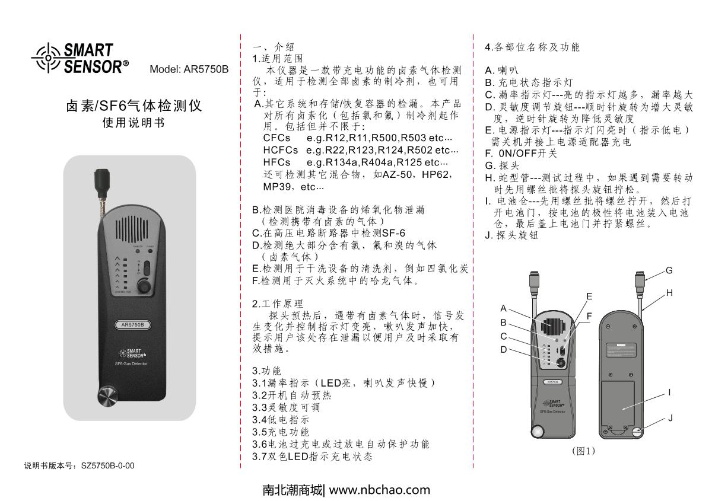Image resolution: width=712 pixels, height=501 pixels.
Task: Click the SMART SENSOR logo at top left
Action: pyautogui.click(x=80, y=57)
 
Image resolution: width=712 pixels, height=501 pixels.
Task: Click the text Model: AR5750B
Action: pyautogui.click(x=189, y=68)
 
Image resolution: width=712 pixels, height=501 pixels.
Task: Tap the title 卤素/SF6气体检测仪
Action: pyautogui.click(x=133, y=106)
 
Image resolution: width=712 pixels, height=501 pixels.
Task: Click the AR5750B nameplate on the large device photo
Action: pyautogui.click(x=133, y=324)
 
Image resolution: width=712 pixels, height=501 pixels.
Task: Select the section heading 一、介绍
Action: pyautogui.click(x=273, y=47)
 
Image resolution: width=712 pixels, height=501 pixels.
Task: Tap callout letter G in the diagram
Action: pyautogui.click(x=669, y=270)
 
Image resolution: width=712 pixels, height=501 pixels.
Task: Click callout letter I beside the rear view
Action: pyautogui.click(x=669, y=392)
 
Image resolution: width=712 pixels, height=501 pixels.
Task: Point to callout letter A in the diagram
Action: pyautogui.click(x=503, y=308)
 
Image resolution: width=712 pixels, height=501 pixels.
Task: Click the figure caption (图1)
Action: pyautogui.click(x=583, y=451)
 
